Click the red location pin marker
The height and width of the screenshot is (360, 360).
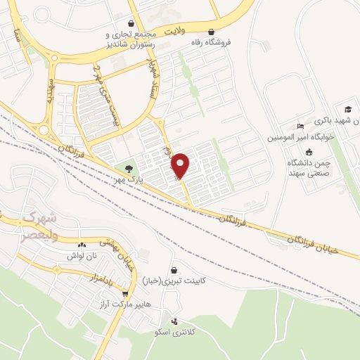click(181, 165)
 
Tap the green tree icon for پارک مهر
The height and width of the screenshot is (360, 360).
click(129, 168)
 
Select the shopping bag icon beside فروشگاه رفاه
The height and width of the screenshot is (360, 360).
click(212, 32)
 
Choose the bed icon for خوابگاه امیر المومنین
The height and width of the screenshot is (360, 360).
click(301, 127)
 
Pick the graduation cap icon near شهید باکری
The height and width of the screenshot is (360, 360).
click(347, 108)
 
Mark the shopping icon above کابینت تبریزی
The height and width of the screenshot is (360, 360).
click(174, 269)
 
